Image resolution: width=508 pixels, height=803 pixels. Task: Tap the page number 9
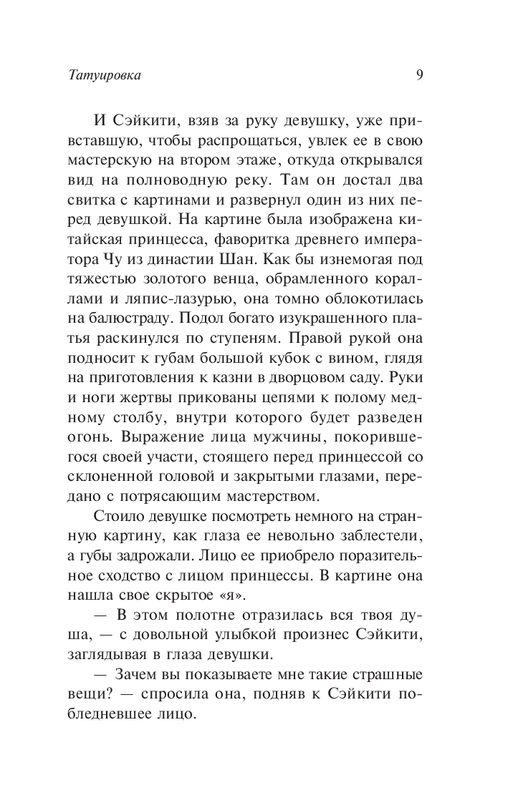[x=419, y=73]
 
